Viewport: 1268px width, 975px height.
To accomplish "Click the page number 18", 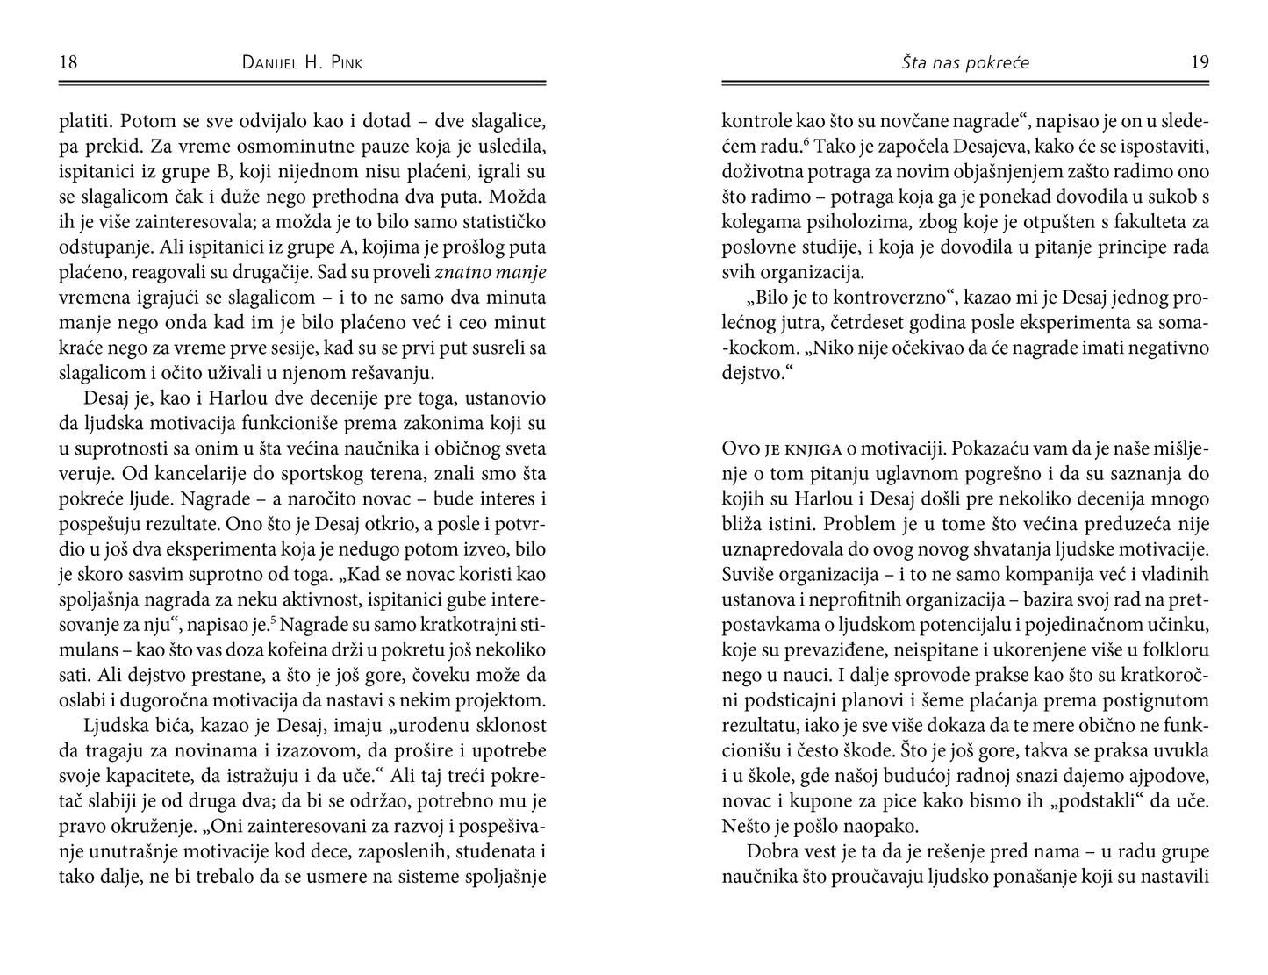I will [68, 62].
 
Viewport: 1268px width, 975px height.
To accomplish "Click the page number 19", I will [1200, 62].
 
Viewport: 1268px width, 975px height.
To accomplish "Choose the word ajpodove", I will [1171, 777].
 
